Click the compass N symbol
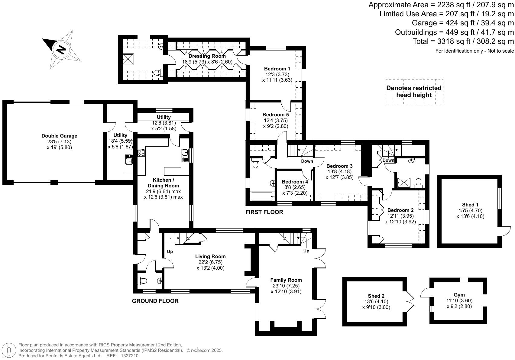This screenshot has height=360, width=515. (x=61, y=50)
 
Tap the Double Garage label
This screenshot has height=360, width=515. (x=59, y=136)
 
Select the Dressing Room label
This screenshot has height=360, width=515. (x=207, y=56)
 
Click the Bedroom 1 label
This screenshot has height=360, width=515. (x=277, y=69)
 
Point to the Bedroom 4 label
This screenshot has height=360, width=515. (x=295, y=182)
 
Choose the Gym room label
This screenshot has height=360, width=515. (x=459, y=295)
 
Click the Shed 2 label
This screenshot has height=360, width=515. (x=376, y=296)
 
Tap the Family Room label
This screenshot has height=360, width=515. (x=286, y=280)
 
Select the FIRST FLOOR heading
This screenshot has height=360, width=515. (x=264, y=212)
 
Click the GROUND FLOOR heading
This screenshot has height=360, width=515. (x=155, y=301)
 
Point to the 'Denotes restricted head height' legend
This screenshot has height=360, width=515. (x=414, y=92)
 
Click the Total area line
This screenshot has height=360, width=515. (x=463, y=41)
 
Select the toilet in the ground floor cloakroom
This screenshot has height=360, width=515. (x=142, y=281)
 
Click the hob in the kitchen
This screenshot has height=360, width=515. (x=141, y=153)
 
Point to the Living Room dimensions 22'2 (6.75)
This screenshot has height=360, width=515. (x=210, y=262)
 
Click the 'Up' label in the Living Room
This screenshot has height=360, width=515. (x=170, y=251)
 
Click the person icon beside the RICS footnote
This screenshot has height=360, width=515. (x=9, y=351)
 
